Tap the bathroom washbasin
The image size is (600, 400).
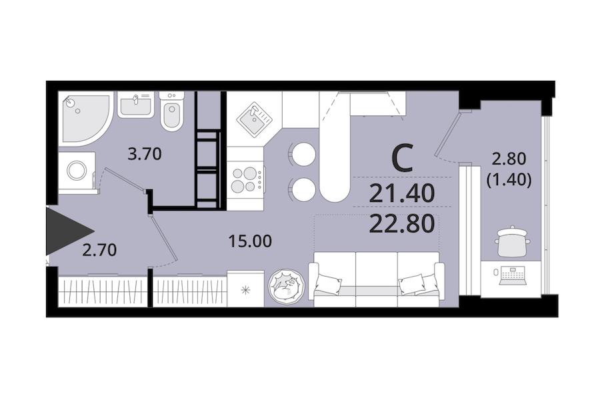pos(135,104)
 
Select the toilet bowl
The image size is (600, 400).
pos(171,111)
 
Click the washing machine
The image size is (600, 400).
pos(77,171)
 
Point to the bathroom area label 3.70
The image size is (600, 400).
pos(145,154)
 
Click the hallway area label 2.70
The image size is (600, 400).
pos(99,250)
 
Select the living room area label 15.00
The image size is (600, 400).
pos(250,241)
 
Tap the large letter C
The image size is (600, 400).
pos(403,157)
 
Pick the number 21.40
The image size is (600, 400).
pos(402,193)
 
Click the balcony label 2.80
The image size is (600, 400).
pos(509,159)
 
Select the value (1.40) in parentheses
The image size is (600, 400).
pos(509,179)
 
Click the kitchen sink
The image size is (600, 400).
pos(254,117)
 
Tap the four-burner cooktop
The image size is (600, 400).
pos(245,180)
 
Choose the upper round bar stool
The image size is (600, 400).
pos(303,154)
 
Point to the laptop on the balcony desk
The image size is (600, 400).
pos(513,275)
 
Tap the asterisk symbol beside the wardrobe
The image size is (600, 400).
pos(245,290)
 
